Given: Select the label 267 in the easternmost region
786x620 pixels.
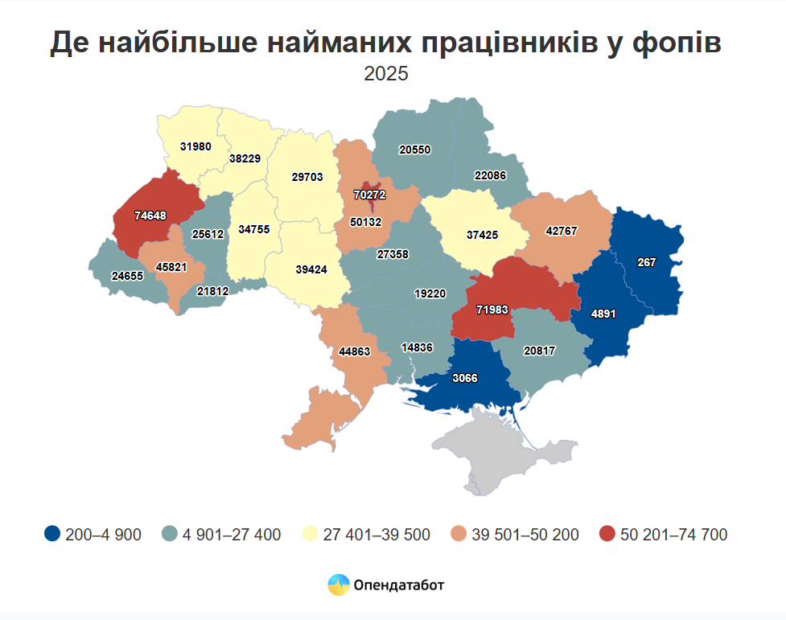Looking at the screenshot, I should pos(647,262).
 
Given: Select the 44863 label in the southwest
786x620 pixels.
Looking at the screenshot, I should pos(355,351).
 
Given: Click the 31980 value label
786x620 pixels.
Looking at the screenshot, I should pos(196,146).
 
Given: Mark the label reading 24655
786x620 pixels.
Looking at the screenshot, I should pos(127,276).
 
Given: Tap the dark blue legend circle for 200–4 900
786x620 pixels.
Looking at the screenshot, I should pos(53,534).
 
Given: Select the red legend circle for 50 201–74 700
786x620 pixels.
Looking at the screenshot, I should pos(607,534).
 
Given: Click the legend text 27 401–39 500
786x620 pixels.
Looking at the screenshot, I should pos(376,535).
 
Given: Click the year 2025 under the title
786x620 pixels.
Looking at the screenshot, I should pos(386,74).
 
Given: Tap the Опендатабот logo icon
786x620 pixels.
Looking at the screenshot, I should pos(339,585).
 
